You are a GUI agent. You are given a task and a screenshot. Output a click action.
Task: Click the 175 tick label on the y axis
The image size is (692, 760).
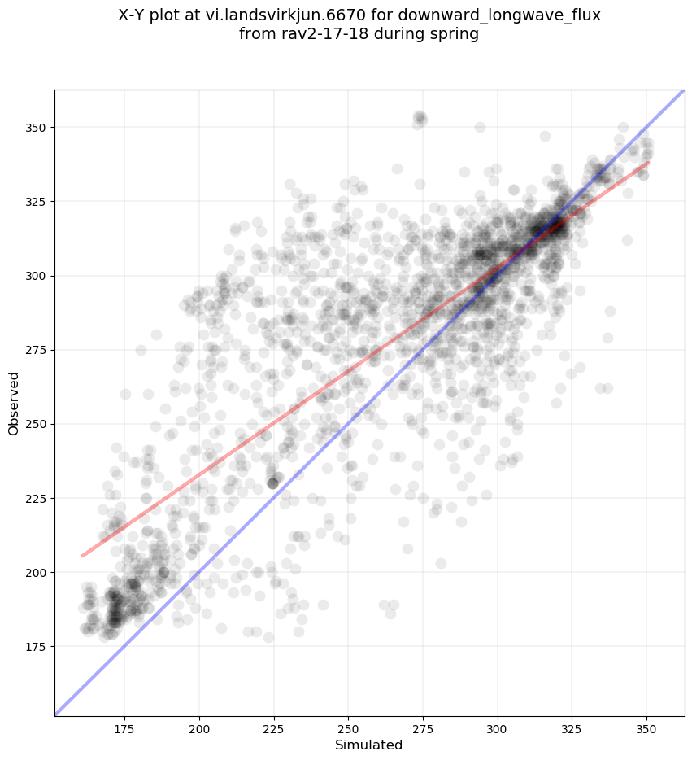click(x=37, y=646)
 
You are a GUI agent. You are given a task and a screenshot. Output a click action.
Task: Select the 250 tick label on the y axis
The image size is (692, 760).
click(x=37, y=424)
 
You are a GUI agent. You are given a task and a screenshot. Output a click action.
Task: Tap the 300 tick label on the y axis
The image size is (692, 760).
click(x=37, y=276)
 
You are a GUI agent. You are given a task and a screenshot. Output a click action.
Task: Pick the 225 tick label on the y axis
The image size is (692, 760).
click(x=37, y=498)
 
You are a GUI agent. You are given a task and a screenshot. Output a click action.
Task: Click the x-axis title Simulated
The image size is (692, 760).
click(x=369, y=745)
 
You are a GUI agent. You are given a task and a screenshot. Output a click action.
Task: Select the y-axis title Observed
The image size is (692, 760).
click(x=14, y=403)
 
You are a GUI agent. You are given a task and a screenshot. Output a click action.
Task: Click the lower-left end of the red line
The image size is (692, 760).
click(x=82, y=556)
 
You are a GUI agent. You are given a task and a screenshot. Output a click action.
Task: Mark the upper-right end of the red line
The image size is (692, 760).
click(x=648, y=163)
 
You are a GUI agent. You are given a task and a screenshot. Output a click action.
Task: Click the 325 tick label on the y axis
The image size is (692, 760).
click(x=37, y=202)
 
